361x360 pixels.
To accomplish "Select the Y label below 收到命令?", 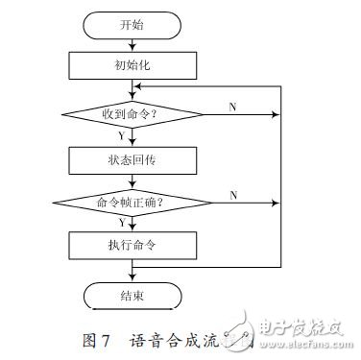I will [x=121, y=134].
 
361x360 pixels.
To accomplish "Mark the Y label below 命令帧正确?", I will [x=121, y=223].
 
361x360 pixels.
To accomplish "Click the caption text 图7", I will [x=97, y=336].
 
